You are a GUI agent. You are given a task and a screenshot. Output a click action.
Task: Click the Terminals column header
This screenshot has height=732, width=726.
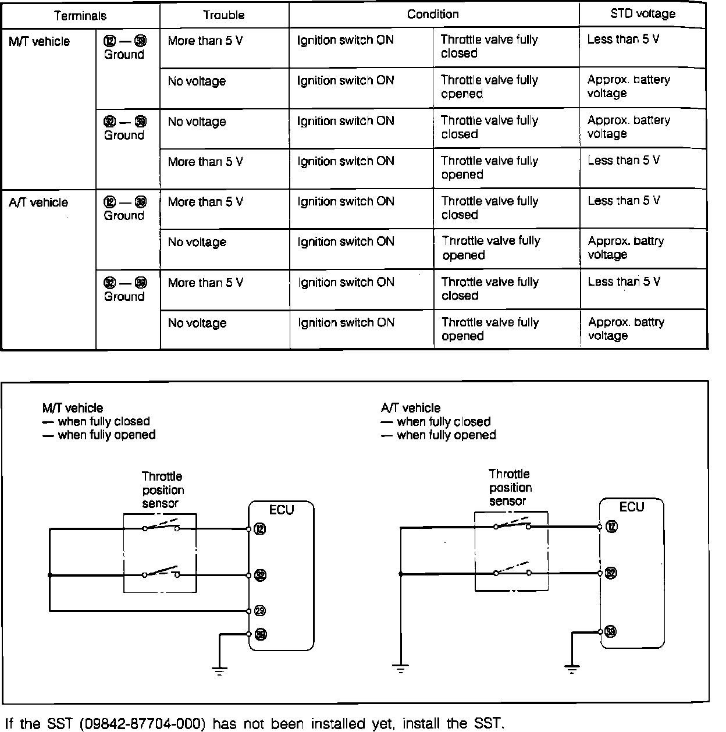coord(80,16)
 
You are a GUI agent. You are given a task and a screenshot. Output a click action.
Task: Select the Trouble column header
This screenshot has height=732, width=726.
coord(223,15)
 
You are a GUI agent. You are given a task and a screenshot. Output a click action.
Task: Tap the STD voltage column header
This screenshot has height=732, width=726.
coord(643,13)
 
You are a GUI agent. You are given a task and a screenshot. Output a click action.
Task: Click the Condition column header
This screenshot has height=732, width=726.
coord(433,14)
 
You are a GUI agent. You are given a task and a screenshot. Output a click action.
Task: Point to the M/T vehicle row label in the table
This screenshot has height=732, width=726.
coord(40,41)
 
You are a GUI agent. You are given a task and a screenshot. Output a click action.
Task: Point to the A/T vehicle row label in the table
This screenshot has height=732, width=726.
coord(38,202)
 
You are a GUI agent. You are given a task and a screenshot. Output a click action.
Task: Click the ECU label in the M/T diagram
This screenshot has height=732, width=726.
coord(282,510)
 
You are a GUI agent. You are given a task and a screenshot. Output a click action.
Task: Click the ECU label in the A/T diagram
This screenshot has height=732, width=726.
coord(632,507)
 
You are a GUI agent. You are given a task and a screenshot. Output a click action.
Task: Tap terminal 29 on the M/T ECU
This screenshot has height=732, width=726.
coord(259,610)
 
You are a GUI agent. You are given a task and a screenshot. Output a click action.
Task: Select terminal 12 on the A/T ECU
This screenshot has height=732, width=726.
coord(611,527)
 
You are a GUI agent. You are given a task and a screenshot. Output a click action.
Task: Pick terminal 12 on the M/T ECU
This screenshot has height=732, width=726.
coord(260,529)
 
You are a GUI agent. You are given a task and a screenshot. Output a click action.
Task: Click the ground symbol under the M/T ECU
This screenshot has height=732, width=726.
coord(219,670)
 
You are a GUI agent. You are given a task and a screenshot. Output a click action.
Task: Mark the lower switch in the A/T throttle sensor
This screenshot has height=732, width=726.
coord(512,570)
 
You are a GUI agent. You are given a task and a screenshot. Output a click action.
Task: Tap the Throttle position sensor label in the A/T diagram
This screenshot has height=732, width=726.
coord(510,488)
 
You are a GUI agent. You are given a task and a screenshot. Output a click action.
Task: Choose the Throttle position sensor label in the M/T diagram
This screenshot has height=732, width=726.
coord(162,490)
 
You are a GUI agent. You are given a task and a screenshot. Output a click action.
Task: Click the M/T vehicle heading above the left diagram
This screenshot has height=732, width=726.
coord(73,408)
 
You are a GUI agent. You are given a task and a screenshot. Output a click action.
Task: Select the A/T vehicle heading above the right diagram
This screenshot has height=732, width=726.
coord(411,408)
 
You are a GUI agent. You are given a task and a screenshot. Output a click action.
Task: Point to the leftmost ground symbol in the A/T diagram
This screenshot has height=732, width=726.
coord(400,667)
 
